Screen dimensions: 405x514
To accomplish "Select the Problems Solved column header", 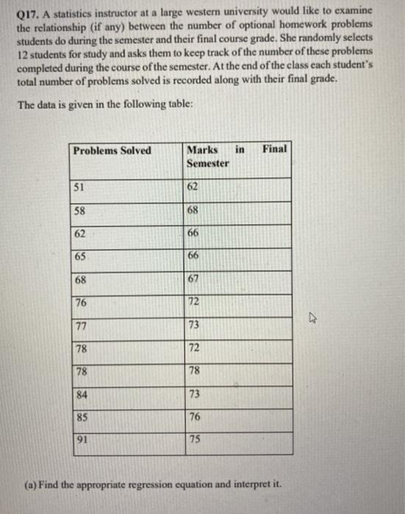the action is (x=112, y=151).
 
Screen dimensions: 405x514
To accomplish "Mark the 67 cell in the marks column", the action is (x=194, y=280).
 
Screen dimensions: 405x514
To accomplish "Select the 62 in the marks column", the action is (x=194, y=187).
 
